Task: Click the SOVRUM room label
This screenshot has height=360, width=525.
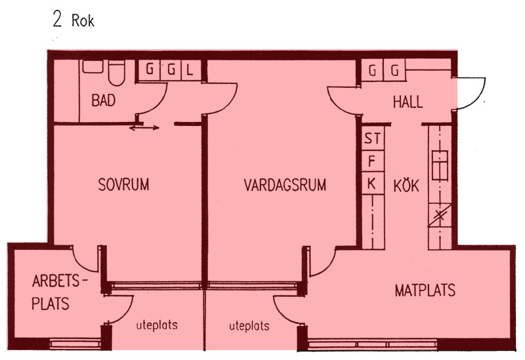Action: (123, 185)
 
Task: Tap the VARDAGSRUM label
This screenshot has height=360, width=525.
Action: (285, 185)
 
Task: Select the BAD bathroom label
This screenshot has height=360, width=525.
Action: (104, 100)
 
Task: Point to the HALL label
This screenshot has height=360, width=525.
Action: (408, 102)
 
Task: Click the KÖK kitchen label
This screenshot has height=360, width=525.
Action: (406, 186)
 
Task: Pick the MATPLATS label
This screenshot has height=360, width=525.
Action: (425, 290)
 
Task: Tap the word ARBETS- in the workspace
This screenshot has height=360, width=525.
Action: (59, 281)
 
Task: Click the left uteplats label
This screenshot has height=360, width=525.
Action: (157, 325)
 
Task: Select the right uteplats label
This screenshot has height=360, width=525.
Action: (249, 326)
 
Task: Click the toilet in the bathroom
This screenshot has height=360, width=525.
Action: (116, 73)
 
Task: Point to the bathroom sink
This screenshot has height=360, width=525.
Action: (93, 67)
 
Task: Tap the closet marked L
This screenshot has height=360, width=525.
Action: (190, 70)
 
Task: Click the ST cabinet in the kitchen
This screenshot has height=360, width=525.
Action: (372, 138)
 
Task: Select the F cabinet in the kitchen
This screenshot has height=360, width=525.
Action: (372, 161)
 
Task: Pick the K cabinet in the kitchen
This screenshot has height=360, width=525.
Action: (372, 184)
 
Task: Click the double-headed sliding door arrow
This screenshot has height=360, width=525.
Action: (144, 128)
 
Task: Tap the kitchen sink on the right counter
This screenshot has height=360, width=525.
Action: (440, 165)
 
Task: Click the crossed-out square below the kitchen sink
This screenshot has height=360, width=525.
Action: (440, 215)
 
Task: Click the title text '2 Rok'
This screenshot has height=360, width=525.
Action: (73, 20)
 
